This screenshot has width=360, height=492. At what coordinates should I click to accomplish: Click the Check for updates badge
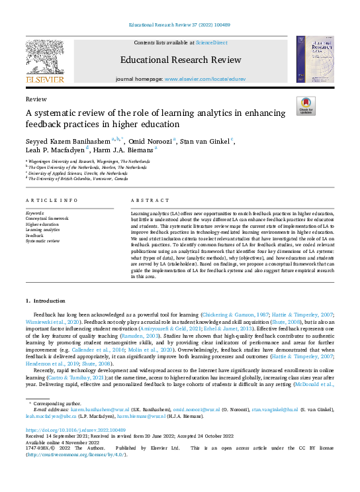click(x=306, y=105)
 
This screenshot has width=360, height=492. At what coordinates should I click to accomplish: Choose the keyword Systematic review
click(x=43, y=241)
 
